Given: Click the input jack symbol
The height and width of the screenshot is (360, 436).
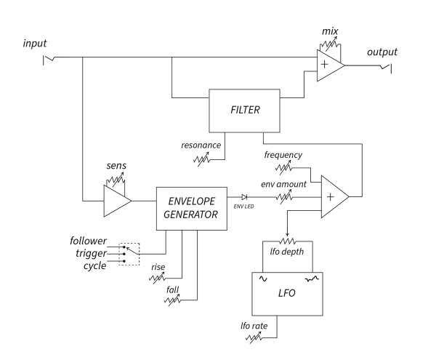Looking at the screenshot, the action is (49, 60).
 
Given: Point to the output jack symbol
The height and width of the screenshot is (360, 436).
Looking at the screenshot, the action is (386, 68).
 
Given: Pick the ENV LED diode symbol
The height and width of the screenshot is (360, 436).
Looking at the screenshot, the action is (244, 197).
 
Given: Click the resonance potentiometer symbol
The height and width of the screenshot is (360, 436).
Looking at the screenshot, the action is (201, 160).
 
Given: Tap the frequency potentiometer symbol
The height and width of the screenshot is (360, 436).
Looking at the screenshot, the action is (283, 168).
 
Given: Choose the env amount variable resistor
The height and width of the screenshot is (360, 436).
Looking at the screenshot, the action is (284, 196).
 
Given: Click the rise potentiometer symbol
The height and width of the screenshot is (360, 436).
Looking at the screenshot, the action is (158, 278).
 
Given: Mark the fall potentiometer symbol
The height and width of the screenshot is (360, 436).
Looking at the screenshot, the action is (173, 300).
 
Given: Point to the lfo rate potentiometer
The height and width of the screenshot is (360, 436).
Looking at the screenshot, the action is (254, 337).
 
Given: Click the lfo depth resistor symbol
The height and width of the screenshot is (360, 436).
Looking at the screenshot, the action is (288, 241).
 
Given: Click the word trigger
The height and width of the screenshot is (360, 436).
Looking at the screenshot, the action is (91, 253).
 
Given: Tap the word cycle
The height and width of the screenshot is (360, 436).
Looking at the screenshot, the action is (94, 265).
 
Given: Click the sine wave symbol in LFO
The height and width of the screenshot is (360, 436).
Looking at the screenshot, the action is (263, 279).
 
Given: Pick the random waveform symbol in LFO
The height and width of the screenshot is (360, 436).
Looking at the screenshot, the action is (312, 279).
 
